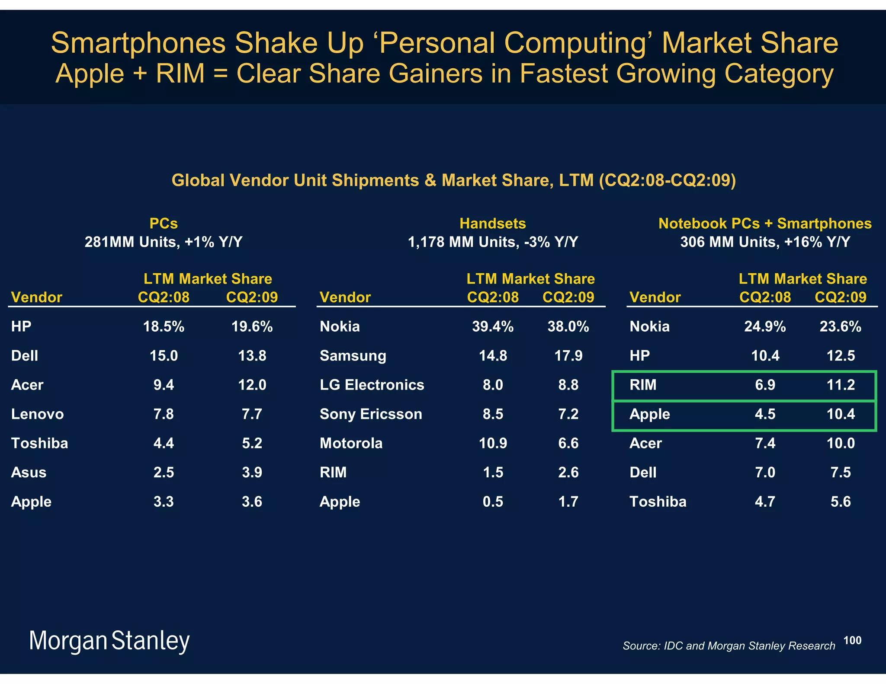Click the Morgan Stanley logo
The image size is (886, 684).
click(109, 641)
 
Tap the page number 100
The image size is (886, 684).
click(852, 640)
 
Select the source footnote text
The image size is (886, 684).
click(729, 646)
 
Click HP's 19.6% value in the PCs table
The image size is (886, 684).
click(252, 326)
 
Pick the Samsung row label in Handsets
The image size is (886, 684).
click(353, 356)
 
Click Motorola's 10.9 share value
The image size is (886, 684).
click(493, 443)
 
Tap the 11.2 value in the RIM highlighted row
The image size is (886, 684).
click(840, 385)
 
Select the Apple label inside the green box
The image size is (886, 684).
click(649, 414)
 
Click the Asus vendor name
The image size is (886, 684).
click(29, 473)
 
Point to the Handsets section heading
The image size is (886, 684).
click(492, 224)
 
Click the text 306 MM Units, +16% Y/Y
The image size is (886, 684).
click(765, 242)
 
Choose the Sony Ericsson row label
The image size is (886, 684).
click(371, 414)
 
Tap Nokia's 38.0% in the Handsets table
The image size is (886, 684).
click(568, 326)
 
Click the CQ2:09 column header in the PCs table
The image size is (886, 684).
click(252, 297)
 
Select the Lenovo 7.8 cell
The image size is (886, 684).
click(164, 414)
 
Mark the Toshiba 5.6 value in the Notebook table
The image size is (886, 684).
click(840, 502)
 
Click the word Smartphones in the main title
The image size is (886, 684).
click(138, 43)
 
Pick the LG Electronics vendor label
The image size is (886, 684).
click(372, 385)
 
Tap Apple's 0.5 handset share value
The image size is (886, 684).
click(493, 502)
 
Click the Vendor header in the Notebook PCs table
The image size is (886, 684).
click(655, 297)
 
